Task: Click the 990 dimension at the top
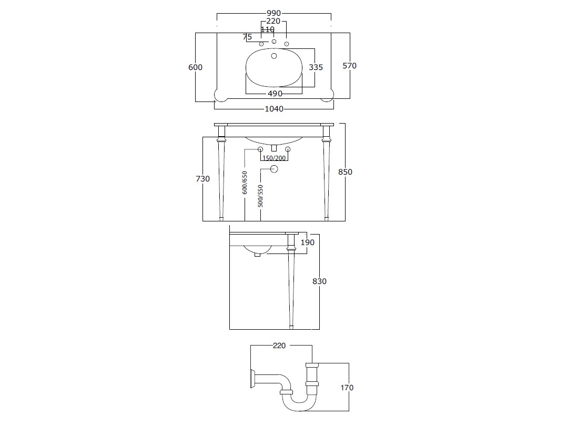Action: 273,13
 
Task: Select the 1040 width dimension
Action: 274,109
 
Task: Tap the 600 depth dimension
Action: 195,67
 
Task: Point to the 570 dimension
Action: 350,66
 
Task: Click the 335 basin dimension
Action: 316,67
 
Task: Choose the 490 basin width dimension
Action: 275,94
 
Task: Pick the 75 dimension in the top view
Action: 247,37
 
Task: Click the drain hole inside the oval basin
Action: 274,56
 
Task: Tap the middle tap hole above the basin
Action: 274,42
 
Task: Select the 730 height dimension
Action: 203,179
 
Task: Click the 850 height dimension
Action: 345,171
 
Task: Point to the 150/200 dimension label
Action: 274,158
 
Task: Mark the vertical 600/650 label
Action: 245,182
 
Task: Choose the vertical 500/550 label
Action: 260,196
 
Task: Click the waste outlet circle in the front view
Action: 274,169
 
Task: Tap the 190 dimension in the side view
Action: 308,242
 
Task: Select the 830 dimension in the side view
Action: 320,281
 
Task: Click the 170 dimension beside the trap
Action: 347,388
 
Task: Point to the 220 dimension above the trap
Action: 279,346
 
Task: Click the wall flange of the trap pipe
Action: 252,379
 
